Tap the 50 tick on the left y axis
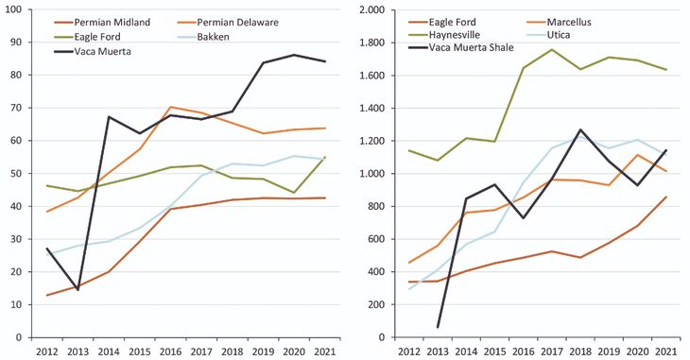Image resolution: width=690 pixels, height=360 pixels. click(x=19, y=174)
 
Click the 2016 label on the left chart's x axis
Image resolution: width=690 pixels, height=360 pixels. click(x=173, y=352)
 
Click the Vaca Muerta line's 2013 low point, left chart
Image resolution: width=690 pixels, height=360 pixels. click(x=78, y=289)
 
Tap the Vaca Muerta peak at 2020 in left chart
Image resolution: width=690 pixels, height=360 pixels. click(x=297, y=55)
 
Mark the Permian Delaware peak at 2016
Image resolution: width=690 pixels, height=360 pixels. click(x=173, y=107)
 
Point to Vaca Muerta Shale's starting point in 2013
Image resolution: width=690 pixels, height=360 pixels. click(x=438, y=327)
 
